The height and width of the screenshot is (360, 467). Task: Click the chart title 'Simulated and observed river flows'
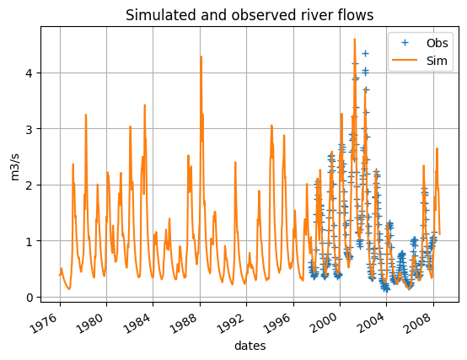[x=250, y=15]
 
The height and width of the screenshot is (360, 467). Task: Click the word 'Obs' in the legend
[x=437, y=44]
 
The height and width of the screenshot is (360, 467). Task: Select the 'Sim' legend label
[x=437, y=61]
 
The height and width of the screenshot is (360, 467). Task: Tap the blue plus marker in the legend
[x=405, y=43]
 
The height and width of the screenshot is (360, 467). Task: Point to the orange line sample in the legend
[x=405, y=61]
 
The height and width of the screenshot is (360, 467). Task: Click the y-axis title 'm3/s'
[x=14, y=167]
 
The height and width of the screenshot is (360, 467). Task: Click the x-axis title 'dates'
[x=250, y=346]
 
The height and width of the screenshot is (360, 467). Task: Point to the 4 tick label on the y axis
[x=29, y=73]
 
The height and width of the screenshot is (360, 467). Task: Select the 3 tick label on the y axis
[x=29, y=129]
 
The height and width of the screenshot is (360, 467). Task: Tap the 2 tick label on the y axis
[x=29, y=185]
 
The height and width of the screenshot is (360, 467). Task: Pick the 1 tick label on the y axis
[x=29, y=241]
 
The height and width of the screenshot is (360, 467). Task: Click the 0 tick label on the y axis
[x=29, y=297]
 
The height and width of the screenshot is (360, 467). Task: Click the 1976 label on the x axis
[x=45, y=322]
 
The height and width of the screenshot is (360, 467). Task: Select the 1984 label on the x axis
[x=137, y=322]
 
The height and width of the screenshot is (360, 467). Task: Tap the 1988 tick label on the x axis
[x=184, y=322]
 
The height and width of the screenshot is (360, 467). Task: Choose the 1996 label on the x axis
[x=277, y=322]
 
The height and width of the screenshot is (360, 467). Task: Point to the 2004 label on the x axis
[x=371, y=322]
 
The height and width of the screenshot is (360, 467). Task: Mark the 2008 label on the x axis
[x=417, y=322]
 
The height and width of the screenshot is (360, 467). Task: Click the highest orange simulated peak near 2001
[x=354, y=39]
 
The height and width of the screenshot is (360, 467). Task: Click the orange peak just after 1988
[x=201, y=56]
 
